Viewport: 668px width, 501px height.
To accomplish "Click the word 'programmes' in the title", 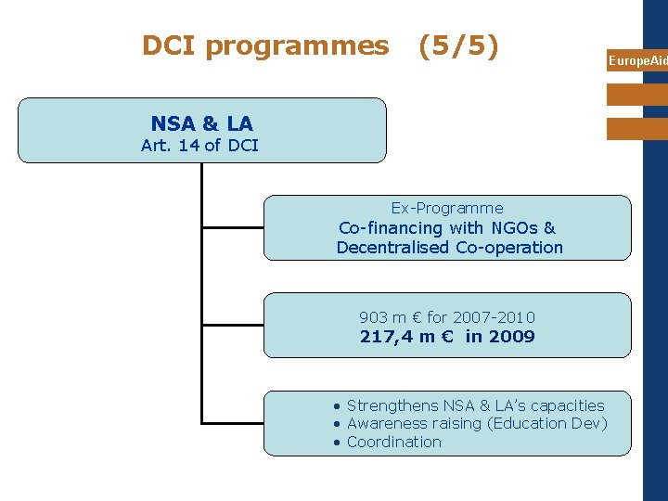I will point(297,45).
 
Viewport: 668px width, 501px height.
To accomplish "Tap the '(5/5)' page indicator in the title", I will point(458,45).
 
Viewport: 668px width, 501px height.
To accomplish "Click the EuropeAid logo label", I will point(637,61).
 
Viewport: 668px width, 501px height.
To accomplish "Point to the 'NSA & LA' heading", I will point(201,123).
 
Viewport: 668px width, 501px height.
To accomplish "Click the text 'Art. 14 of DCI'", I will point(199,145).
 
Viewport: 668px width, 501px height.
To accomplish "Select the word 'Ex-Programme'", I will point(447,208).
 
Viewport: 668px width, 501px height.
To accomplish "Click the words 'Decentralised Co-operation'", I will point(450,248).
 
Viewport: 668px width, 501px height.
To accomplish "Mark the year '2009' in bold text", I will point(513,337).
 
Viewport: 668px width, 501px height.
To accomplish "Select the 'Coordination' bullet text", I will point(393,442).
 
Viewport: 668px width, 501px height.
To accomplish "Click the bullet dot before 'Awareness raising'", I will point(338,424).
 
